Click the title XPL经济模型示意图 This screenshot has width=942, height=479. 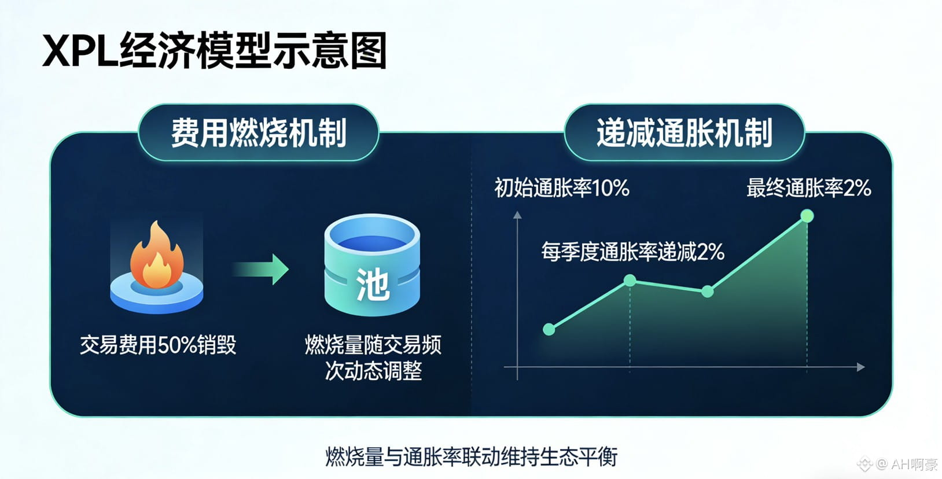215,50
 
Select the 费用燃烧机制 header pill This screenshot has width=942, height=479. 259,132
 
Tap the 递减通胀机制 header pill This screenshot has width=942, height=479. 684,132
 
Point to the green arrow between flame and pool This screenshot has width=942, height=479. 261,269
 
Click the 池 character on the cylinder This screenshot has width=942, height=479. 373,285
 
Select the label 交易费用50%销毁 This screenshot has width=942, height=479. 158,345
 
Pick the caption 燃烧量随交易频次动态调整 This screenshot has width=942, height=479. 373,358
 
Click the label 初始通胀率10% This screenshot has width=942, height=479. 562,188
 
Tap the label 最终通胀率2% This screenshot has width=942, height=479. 809,188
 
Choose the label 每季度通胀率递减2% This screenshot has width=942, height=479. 633,252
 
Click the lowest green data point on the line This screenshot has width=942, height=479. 549,329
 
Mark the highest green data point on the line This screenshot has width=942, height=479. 807,216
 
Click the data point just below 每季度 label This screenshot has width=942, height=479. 630,280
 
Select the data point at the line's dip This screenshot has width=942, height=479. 707,291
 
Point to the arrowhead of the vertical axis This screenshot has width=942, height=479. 517,215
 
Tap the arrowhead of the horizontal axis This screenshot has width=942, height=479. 861,367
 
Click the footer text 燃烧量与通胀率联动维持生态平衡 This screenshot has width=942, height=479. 472,457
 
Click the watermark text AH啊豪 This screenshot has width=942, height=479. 914,465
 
